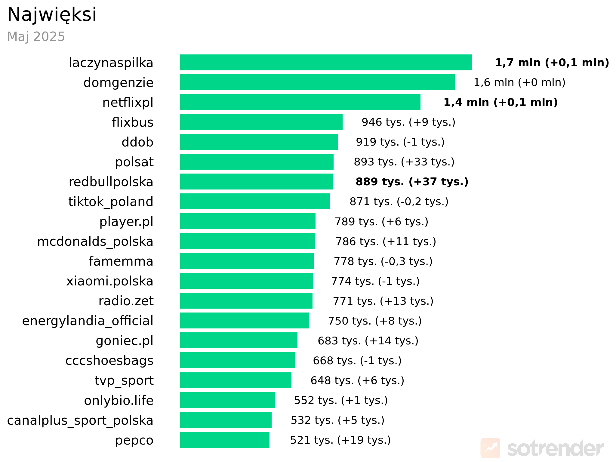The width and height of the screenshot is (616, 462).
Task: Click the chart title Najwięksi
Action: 52,14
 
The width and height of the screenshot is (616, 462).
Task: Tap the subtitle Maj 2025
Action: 36,37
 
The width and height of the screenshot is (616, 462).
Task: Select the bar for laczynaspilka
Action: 326,63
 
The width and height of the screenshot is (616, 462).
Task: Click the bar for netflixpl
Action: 300,102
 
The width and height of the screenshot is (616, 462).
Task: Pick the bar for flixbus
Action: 261,122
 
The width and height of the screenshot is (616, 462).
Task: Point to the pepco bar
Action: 225,440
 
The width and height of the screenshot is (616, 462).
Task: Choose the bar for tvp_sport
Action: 236,380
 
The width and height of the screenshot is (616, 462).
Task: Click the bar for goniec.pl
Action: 239,340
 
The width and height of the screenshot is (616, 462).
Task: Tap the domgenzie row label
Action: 118,83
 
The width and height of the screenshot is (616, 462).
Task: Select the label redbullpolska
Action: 111,182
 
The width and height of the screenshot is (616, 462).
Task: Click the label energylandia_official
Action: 88,321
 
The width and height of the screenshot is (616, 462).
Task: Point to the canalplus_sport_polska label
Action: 80,420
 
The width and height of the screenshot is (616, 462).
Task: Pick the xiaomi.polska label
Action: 110,281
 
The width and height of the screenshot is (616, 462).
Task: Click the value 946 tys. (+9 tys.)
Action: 408,122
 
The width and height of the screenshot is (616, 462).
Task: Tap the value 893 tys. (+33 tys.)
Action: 404,162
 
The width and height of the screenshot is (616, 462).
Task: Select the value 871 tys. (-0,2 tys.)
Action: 399,202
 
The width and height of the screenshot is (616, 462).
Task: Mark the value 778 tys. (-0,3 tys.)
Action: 383,261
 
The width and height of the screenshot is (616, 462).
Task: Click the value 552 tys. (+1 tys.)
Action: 341,400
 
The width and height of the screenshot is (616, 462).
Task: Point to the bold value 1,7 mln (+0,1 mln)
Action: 552,63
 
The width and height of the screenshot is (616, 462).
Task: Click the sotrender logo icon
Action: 490,448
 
